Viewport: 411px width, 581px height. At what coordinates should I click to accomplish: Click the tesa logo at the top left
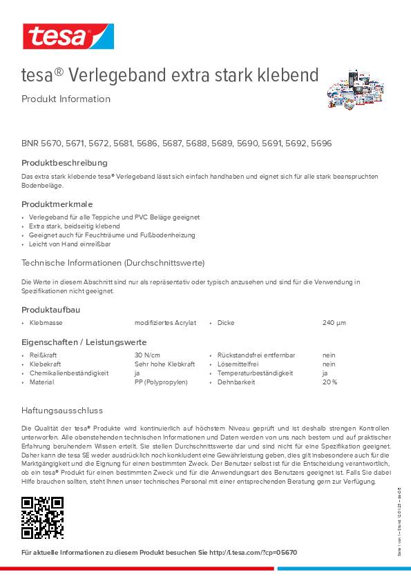click(67, 35)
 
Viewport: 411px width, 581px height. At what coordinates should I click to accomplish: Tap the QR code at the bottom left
click(42, 518)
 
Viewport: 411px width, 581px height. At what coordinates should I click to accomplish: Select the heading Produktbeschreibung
click(64, 163)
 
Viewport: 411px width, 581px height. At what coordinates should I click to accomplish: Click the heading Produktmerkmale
click(57, 204)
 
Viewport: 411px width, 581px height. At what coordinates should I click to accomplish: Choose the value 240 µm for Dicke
click(334, 322)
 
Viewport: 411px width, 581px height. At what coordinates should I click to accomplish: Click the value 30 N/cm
click(147, 355)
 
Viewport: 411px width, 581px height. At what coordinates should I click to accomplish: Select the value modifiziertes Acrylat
click(165, 322)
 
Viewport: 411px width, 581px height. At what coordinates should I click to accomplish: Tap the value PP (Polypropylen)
click(161, 382)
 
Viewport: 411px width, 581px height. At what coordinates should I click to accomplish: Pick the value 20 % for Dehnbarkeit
click(329, 382)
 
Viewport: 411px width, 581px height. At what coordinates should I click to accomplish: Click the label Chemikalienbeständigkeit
click(69, 373)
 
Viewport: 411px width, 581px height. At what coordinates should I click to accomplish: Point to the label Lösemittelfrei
click(238, 364)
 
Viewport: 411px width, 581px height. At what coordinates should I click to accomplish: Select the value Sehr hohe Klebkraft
click(164, 364)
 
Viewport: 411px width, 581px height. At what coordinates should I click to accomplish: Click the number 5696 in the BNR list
click(321, 144)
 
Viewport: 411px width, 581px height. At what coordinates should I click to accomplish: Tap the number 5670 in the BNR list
click(51, 144)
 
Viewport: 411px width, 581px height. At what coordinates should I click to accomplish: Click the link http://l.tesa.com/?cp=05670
click(253, 553)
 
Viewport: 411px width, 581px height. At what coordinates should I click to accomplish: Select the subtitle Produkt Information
click(66, 99)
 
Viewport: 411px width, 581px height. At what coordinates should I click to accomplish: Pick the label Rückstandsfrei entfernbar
click(256, 355)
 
